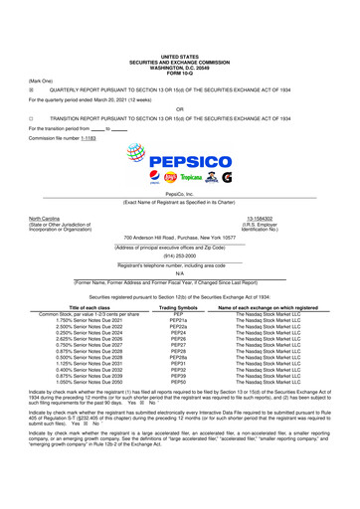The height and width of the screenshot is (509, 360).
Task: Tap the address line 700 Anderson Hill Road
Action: tap(179, 238)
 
